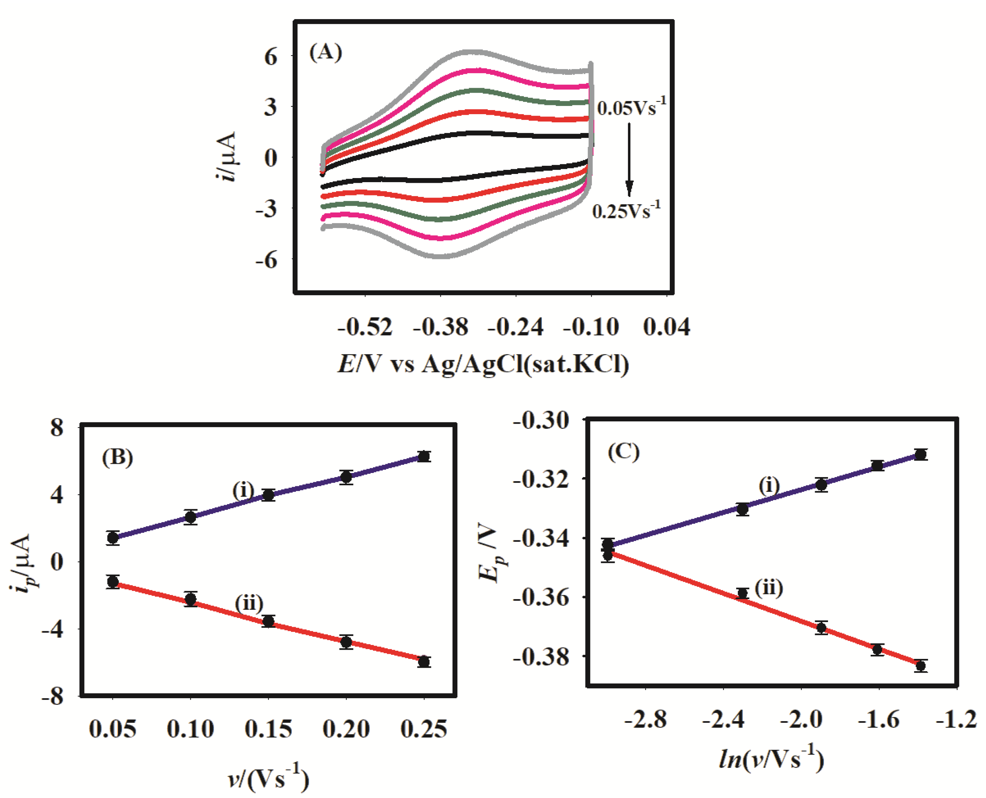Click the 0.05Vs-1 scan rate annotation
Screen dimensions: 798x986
click(631, 108)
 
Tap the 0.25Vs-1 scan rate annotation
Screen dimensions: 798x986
click(626, 211)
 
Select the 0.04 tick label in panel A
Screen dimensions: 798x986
click(666, 327)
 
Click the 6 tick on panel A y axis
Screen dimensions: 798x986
click(271, 57)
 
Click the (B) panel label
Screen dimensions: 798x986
click(117, 457)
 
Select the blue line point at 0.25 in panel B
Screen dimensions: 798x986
click(424, 457)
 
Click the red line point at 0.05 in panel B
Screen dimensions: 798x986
click(113, 582)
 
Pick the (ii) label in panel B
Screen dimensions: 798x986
click(249, 603)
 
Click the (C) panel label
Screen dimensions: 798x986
click(624, 452)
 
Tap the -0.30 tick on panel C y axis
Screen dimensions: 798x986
click(541, 420)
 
